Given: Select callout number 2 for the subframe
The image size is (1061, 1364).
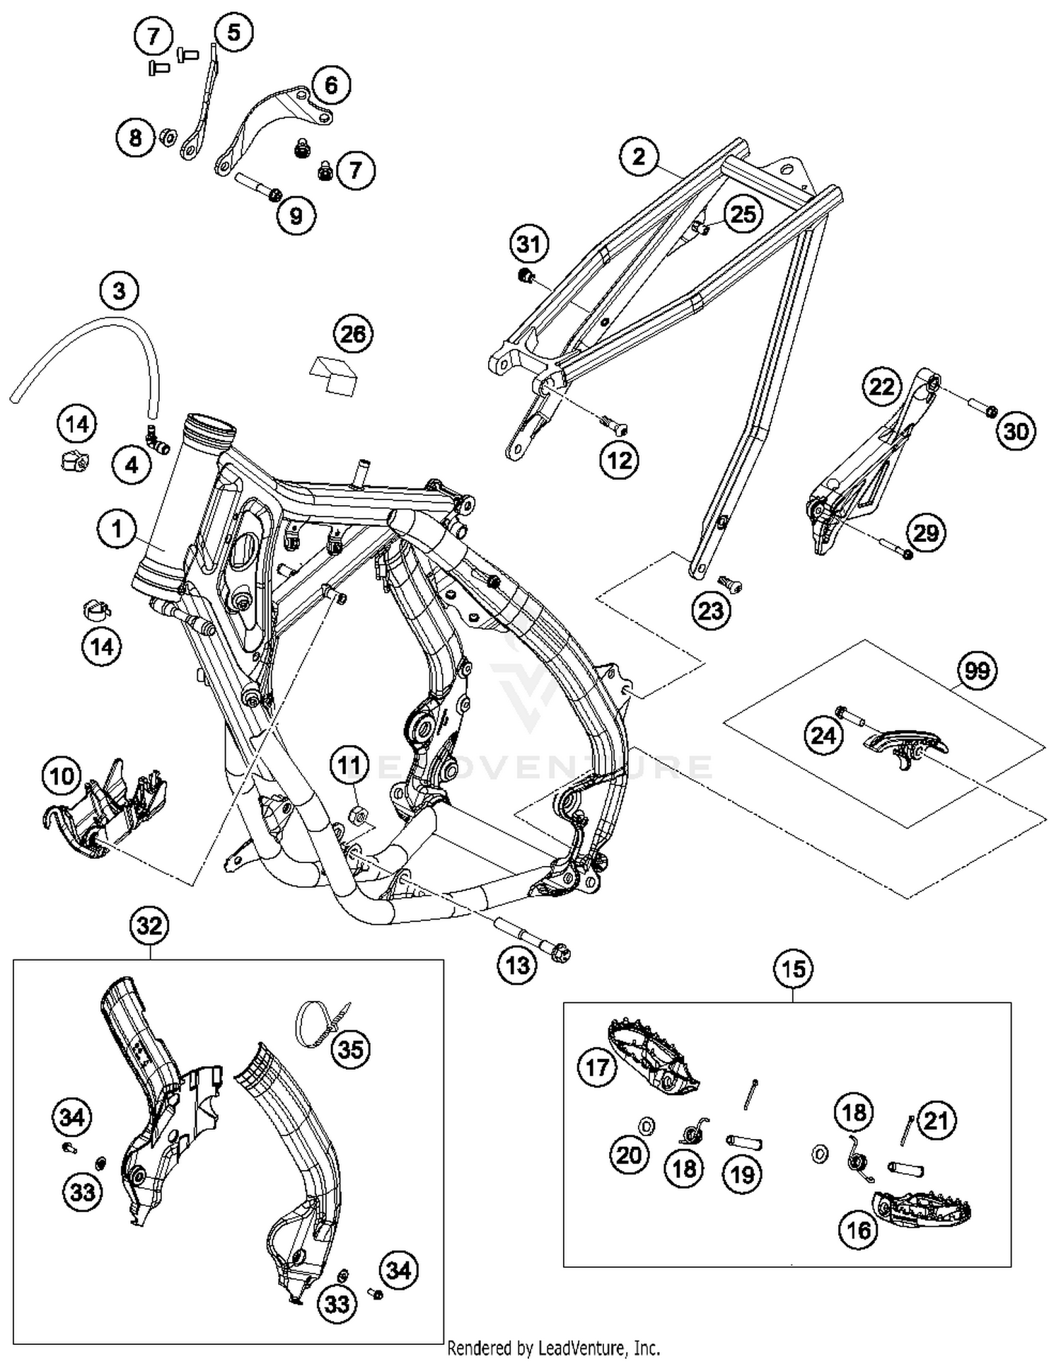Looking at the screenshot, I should click(639, 156).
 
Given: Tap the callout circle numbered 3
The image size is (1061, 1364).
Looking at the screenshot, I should click(119, 290).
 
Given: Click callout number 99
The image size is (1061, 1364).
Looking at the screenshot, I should click(977, 669).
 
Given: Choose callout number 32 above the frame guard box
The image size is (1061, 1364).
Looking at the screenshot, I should click(149, 925).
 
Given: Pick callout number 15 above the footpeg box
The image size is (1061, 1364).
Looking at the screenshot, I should click(793, 969).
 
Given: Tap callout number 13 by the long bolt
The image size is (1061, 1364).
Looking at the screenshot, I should click(517, 964).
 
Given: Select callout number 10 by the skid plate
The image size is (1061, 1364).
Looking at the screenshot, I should click(62, 775).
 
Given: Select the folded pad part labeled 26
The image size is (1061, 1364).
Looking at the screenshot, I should click(334, 375).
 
